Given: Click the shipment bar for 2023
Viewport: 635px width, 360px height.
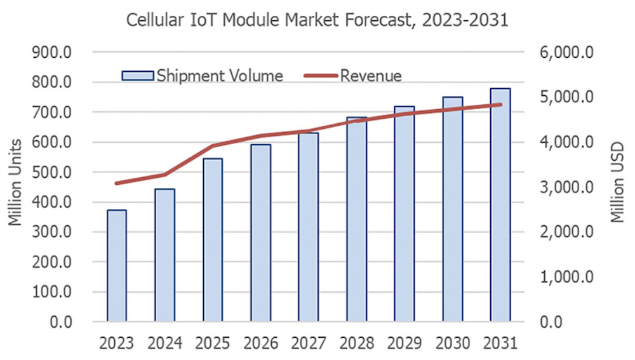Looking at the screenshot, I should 117,266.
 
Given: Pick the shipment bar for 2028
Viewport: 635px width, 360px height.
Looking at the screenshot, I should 356,220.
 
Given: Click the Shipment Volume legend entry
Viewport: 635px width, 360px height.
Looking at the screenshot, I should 203,76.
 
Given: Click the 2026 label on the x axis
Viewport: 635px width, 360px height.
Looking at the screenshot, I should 260,343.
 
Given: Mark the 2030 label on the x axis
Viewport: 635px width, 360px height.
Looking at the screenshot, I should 452,343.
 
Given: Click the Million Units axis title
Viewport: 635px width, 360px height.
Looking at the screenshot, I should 15,182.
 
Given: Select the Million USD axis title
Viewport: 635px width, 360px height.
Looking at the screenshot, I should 618,183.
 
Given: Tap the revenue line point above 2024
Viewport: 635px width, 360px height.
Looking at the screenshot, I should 165,175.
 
